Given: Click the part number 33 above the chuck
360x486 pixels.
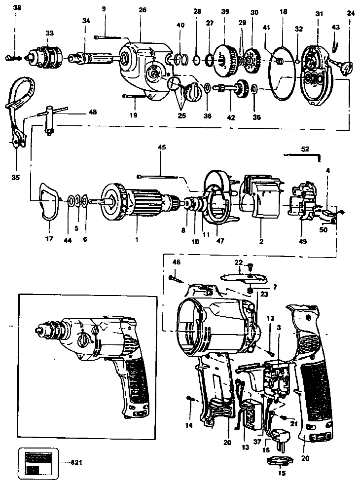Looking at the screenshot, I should coord(49,33).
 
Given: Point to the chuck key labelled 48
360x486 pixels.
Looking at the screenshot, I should coord(52,121).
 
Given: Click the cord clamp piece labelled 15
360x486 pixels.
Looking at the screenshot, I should coord(280,460).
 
